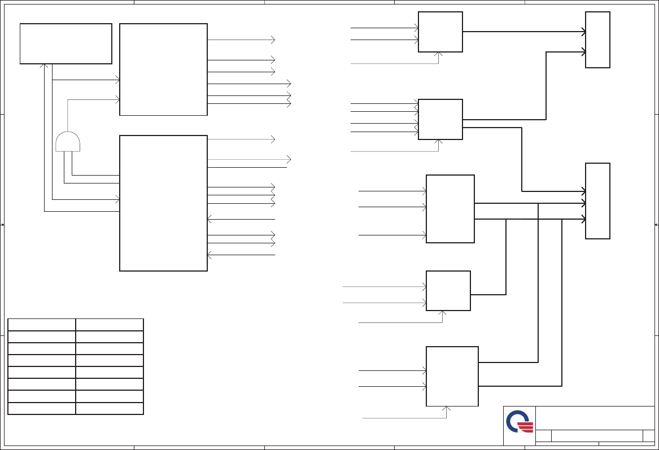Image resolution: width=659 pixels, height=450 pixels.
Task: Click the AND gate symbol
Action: pos(68,142)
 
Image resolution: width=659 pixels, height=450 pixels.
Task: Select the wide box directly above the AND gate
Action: pos(66,43)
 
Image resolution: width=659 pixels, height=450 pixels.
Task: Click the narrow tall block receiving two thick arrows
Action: pos(597,40)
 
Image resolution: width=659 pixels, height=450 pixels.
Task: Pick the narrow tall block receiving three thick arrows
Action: pos(597,201)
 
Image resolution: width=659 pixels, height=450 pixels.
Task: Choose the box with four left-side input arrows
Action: pos(440,119)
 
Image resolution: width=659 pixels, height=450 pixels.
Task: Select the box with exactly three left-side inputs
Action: pos(450,209)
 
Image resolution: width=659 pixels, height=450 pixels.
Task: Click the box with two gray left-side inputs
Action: pos(448,290)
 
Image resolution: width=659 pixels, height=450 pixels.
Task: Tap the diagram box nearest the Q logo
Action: pos(452,376)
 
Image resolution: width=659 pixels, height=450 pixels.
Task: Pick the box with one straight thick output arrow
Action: pos(440,32)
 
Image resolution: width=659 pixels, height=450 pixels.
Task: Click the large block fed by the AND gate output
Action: pos(163,69)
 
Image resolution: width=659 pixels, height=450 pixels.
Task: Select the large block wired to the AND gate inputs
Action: pos(163,203)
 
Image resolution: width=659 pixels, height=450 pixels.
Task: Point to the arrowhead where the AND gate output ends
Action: pos(118,99)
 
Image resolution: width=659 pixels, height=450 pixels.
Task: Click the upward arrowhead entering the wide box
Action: pos(44,65)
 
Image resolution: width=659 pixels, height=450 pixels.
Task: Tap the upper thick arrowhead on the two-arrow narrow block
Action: pos(583,32)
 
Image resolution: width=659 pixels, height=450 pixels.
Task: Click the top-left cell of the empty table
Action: pos(42,325)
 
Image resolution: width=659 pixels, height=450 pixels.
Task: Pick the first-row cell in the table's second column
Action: pos(109,325)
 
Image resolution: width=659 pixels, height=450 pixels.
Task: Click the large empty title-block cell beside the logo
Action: pos(595,418)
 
